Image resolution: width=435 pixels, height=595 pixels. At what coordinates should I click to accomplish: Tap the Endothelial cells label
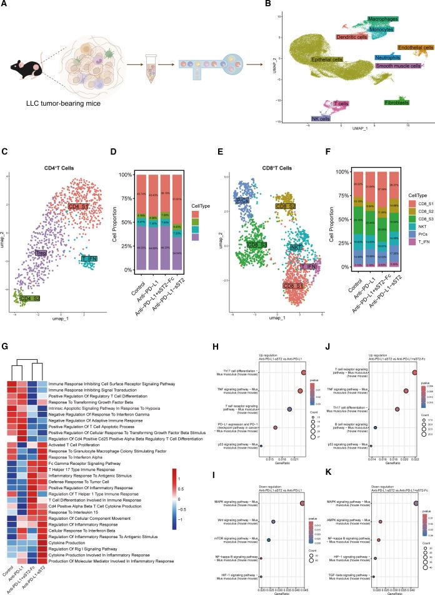click(415, 48)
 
